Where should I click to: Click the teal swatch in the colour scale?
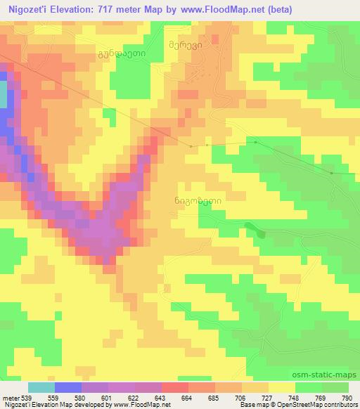click(x=41, y=387)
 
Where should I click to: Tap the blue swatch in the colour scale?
click(x=67, y=387)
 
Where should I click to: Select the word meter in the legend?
click(x=10, y=397)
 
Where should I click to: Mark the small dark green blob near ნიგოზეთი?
click(x=262, y=234)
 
